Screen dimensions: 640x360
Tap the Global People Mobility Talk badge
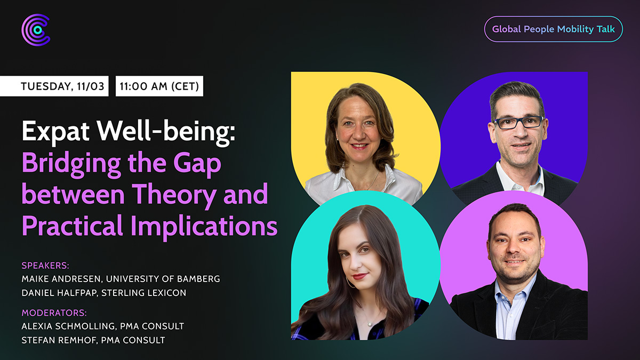[554, 29]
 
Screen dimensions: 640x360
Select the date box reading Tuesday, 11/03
[54, 86]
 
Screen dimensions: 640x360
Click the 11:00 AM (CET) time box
[159, 86]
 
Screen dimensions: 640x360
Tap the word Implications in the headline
[204, 226]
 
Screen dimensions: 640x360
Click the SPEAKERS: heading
[45, 266]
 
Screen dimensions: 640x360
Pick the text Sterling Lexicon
[143, 293]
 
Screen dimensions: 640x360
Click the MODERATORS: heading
[54, 313]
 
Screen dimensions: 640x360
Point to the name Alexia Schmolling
[69, 326]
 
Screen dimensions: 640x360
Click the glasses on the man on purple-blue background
[518, 123]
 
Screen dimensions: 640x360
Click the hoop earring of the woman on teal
[350, 282]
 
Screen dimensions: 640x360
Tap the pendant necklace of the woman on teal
[370, 324]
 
